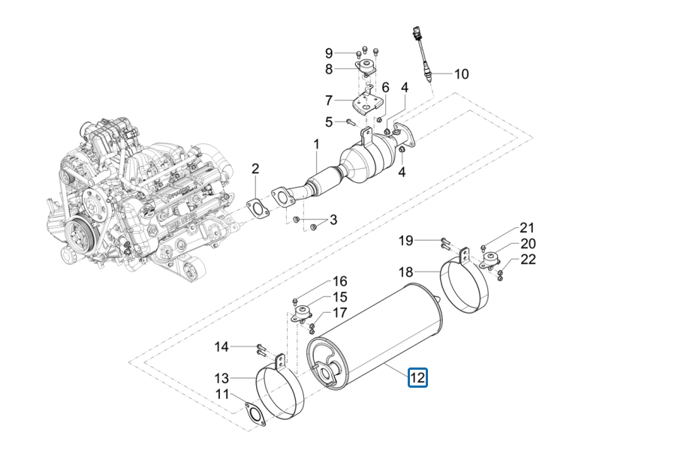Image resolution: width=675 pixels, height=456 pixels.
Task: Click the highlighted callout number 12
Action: pyautogui.click(x=417, y=378)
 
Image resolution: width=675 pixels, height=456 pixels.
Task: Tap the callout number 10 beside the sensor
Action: pyautogui.click(x=461, y=74)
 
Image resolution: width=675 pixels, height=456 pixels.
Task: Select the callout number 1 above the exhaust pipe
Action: pyautogui.click(x=316, y=144)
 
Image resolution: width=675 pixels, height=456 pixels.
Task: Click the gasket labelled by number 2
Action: pyautogui.click(x=258, y=208)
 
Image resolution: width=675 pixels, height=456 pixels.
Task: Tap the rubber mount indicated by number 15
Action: pyautogui.click(x=302, y=313)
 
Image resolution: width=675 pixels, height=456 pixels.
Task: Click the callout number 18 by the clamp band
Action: pyautogui.click(x=405, y=272)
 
